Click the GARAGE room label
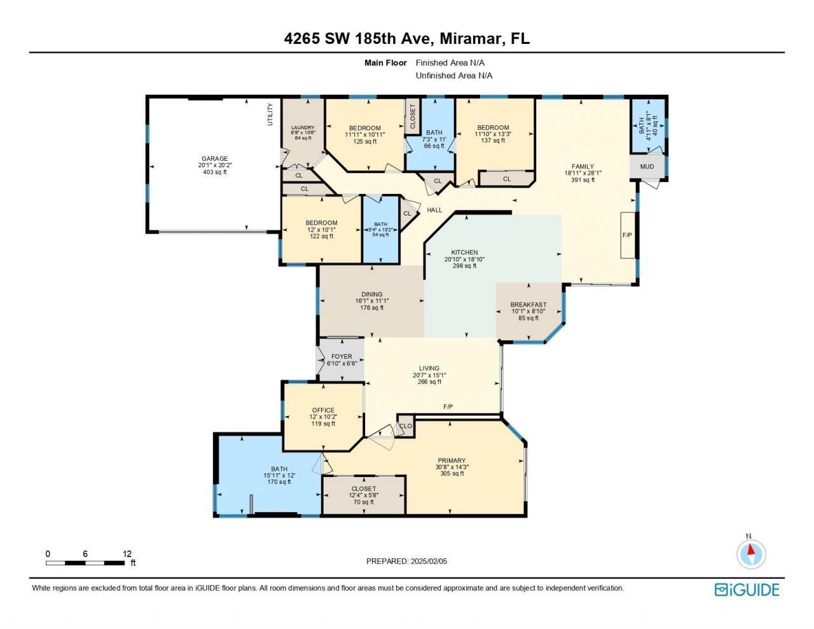(x=214, y=159)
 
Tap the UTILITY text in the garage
(x=270, y=114)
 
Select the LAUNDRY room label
(x=303, y=128)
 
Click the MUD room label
(x=647, y=167)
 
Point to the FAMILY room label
(x=583, y=167)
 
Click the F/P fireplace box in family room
(x=628, y=235)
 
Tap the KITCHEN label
(x=464, y=252)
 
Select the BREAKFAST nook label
(x=528, y=305)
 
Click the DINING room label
(x=372, y=294)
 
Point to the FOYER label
(x=341, y=357)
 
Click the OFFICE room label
(x=323, y=410)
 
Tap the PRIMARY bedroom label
(x=452, y=460)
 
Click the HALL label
(x=434, y=210)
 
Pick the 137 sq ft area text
(x=493, y=141)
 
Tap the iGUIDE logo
(x=747, y=590)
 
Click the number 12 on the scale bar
(x=127, y=554)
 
